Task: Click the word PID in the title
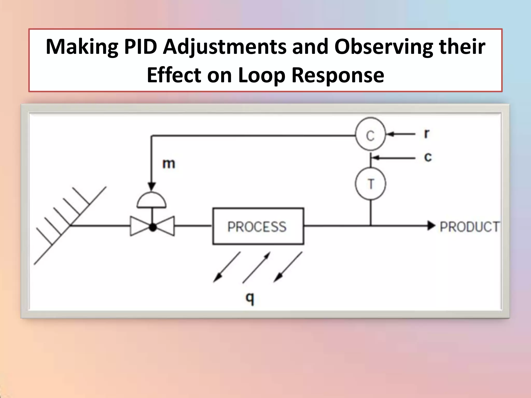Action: (141, 47)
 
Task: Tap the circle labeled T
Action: (371, 183)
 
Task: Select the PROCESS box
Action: (258, 226)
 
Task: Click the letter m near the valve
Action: (169, 164)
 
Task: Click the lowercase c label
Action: (428, 157)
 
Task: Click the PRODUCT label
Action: (469, 227)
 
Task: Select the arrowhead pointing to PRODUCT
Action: (431, 226)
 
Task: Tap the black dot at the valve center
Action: (153, 227)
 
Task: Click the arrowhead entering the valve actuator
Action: (152, 186)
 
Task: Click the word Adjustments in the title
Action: (224, 47)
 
